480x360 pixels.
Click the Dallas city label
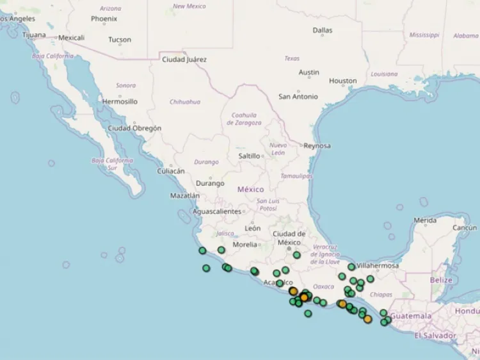point(323,30)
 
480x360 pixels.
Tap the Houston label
point(343,81)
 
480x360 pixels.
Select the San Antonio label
point(298,97)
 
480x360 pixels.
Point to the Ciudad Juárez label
point(184,60)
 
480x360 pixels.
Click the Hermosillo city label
point(120,101)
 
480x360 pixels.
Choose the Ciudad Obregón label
point(134,128)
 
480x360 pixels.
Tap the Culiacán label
point(171,171)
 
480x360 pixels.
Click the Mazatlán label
point(184,195)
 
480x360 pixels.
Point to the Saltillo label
point(249,156)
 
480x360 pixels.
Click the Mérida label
point(425,220)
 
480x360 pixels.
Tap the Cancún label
point(465,227)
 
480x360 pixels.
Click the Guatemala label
point(412,316)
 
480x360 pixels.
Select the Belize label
point(441,280)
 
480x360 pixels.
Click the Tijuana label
point(34,35)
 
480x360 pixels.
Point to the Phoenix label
point(104,19)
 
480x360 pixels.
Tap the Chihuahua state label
point(185,102)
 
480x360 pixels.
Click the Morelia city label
point(244,244)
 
